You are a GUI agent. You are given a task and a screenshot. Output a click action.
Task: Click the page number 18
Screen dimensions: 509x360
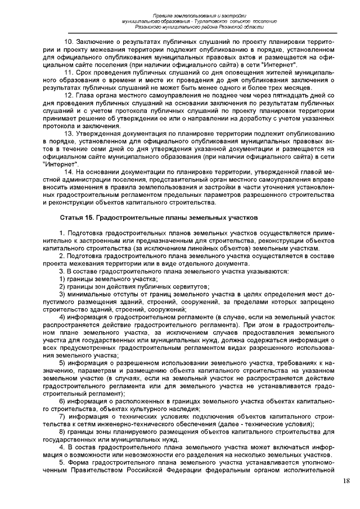click(346, 480)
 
